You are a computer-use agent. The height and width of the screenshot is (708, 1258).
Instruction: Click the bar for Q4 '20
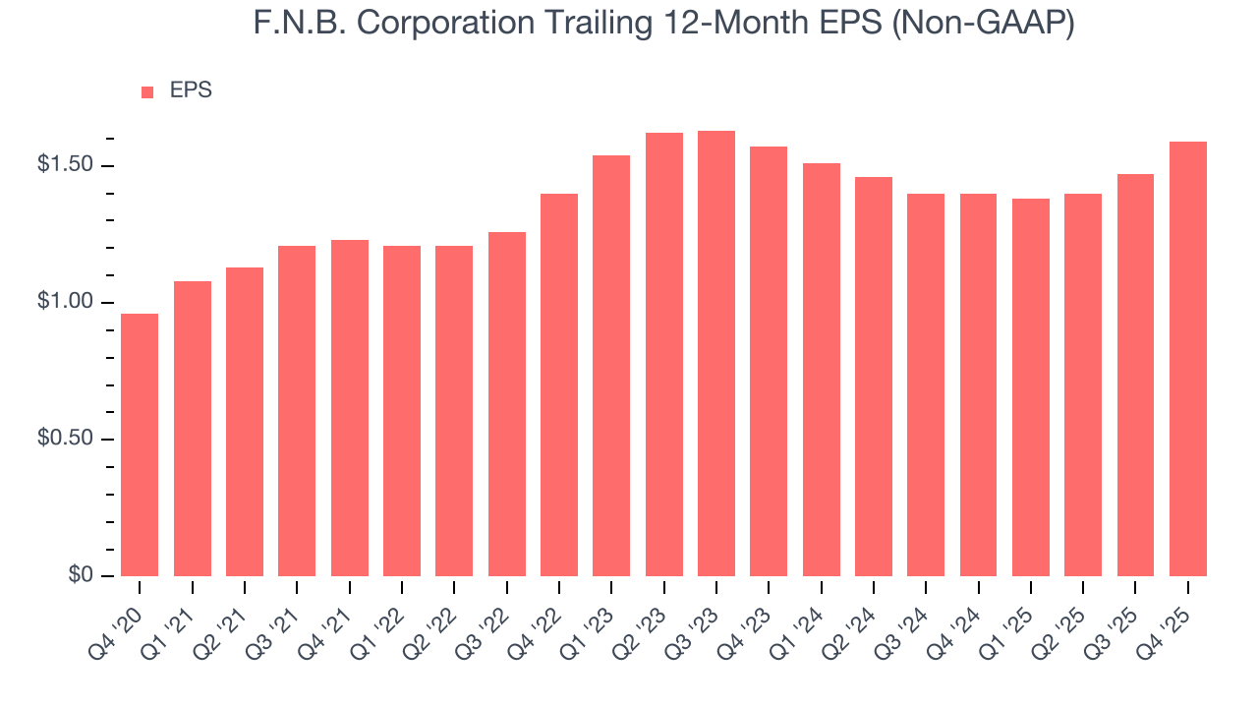pos(140,444)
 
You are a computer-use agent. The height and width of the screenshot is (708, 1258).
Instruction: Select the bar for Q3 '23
pos(716,353)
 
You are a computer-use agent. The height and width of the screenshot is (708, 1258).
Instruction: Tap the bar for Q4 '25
pos(1188,359)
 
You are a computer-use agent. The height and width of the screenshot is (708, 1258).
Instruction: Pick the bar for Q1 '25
pos(1031,387)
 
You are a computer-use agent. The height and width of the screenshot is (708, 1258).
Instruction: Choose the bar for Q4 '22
pos(559,384)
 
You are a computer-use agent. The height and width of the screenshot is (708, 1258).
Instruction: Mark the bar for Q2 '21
pos(245,422)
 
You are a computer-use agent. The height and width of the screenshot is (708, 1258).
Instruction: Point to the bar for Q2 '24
pos(874,377)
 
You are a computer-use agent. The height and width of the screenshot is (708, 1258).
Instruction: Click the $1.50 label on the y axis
pos(65,165)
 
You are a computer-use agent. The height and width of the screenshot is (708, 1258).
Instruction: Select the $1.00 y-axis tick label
pos(65,302)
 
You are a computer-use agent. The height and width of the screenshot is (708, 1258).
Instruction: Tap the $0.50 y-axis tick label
pos(65,439)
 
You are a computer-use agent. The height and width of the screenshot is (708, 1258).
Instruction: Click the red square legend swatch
pos(147,92)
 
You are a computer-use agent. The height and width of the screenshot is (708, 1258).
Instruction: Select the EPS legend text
pos(191,90)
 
